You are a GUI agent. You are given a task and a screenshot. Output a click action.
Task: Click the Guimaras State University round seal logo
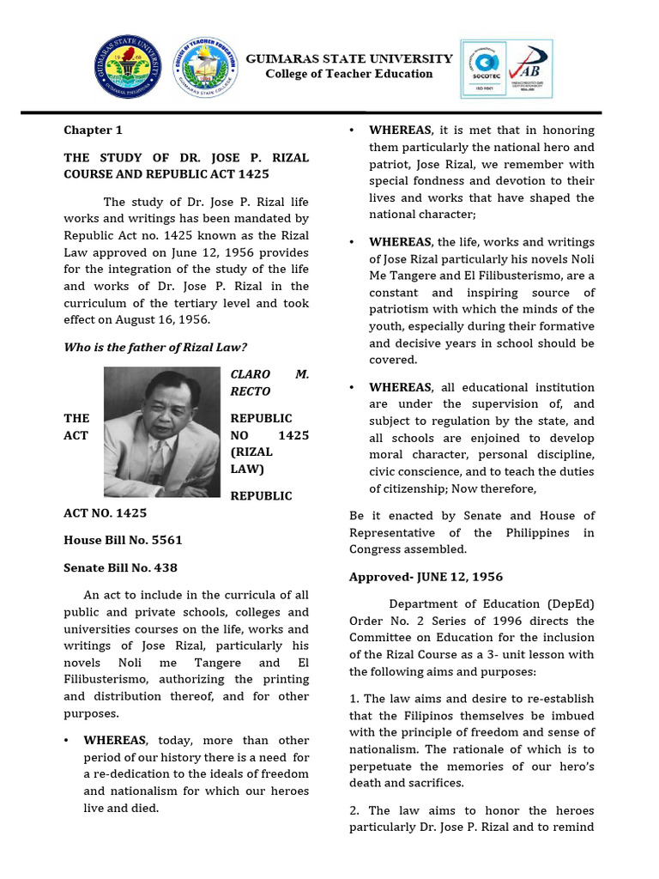[127, 69]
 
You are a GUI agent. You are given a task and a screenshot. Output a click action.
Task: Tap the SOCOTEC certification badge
[485, 70]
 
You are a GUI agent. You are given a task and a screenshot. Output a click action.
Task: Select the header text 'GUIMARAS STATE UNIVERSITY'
[349, 58]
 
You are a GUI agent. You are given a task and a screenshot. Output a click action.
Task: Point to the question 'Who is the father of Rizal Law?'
[155, 348]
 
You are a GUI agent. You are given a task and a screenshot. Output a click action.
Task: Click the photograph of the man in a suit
[162, 432]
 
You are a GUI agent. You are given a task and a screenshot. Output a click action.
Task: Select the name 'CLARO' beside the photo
[251, 375]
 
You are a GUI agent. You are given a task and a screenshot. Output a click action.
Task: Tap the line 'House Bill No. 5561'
[123, 540]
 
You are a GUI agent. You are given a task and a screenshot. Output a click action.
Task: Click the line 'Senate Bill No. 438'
[120, 567]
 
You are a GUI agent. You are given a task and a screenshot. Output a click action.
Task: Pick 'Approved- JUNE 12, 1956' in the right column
[426, 577]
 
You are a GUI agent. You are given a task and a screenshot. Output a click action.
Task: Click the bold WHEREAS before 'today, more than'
[114, 740]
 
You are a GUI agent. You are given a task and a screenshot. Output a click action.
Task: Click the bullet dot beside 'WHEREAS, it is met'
[353, 130]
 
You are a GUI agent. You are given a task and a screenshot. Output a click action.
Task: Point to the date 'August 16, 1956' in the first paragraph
[165, 320]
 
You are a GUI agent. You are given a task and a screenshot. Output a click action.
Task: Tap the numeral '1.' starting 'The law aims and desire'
[355, 699]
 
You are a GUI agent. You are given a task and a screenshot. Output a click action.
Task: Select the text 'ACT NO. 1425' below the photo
[105, 513]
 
